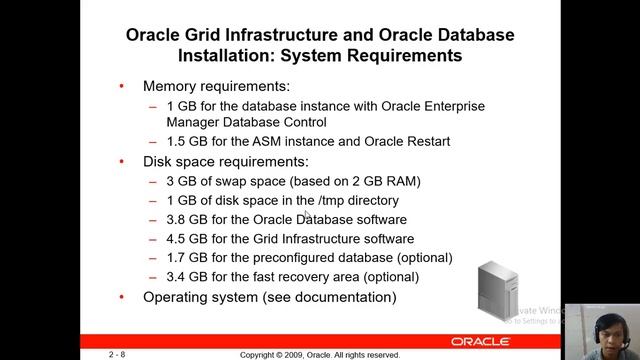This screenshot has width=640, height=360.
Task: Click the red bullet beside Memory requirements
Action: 122,86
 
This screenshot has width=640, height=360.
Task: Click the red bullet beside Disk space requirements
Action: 122,161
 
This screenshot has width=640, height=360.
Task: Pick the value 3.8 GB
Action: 185,219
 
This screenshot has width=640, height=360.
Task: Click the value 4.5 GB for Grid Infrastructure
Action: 185,239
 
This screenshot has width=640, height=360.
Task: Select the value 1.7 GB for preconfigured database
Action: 185,258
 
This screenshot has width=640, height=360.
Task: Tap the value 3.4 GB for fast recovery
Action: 185,277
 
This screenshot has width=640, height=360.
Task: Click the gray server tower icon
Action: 494,291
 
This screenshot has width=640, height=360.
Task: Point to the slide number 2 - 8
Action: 118,355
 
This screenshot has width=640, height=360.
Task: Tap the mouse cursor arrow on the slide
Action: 308,216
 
